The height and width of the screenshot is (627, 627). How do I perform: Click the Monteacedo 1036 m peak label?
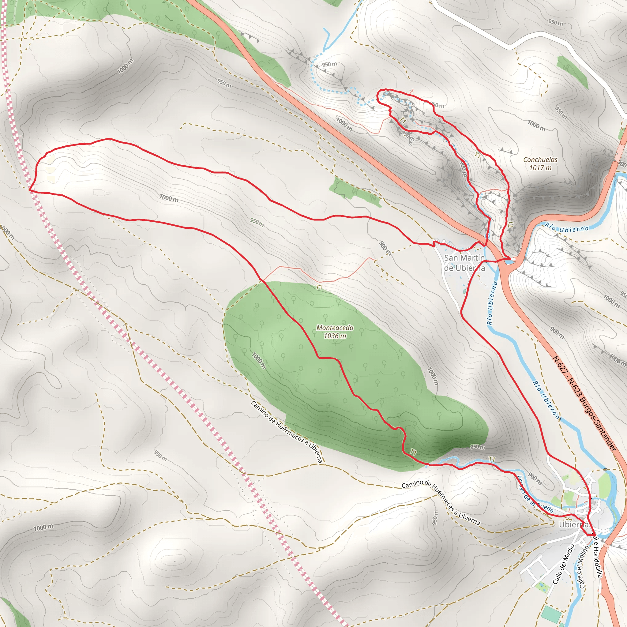point(335,332)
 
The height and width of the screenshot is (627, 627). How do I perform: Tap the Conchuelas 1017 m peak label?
point(540,163)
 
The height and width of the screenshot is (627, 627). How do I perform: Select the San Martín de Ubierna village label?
point(464,263)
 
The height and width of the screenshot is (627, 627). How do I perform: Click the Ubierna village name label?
point(573,524)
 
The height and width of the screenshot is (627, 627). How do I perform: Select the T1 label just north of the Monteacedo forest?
point(319,287)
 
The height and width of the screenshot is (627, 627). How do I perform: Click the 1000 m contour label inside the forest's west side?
point(259,361)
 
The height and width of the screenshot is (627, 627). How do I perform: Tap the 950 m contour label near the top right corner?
point(555,22)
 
